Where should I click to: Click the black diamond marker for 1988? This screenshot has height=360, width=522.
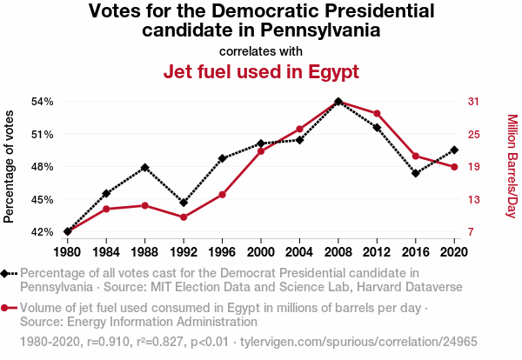(145, 167)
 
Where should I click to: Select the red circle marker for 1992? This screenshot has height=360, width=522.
(184, 217)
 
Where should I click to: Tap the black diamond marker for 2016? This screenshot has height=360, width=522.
(416, 173)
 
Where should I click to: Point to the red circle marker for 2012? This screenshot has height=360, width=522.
(377, 113)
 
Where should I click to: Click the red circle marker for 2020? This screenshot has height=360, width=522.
(454, 167)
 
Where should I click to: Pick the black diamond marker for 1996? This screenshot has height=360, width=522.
(223, 158)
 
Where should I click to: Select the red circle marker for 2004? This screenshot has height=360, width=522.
(299, 129)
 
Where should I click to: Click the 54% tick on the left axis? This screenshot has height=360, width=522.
(43, 101)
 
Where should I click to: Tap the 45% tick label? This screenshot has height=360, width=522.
(43, 199)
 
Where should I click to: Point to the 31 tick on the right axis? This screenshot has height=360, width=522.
(473, 101)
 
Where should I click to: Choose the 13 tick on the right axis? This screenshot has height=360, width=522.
(473, 199)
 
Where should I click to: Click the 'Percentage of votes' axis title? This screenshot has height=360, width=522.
(10, 166)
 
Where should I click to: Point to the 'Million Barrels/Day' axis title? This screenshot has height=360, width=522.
(512, 166)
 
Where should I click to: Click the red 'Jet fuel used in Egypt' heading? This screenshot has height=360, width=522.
(261, 71)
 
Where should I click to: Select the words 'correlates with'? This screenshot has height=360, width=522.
(261, 50)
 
